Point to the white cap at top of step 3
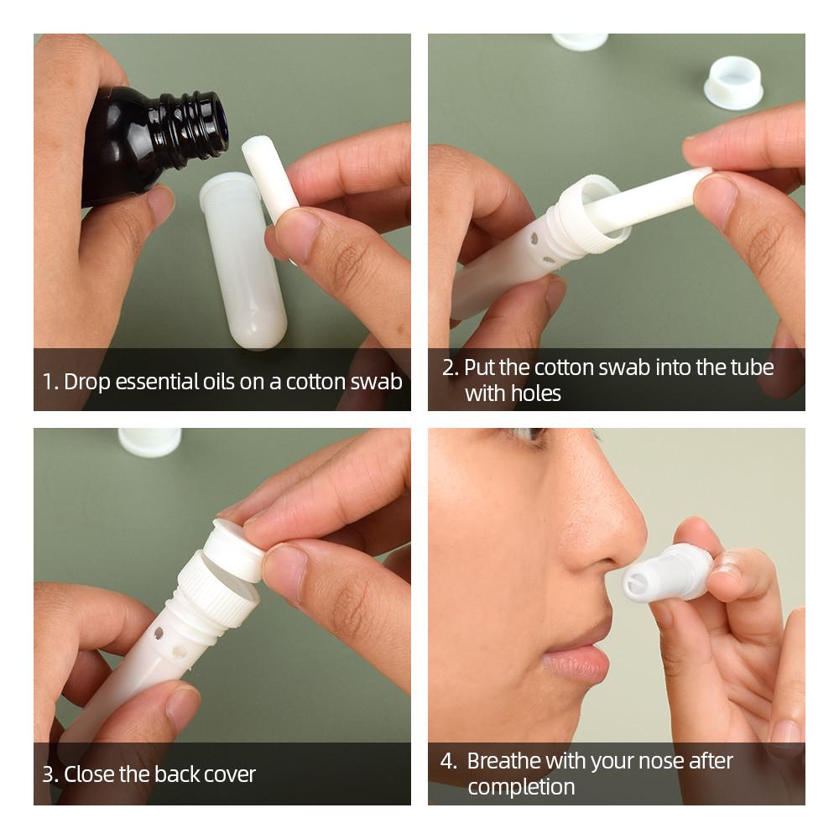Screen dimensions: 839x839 [149, 441]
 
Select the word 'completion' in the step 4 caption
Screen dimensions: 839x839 [521, 787]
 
